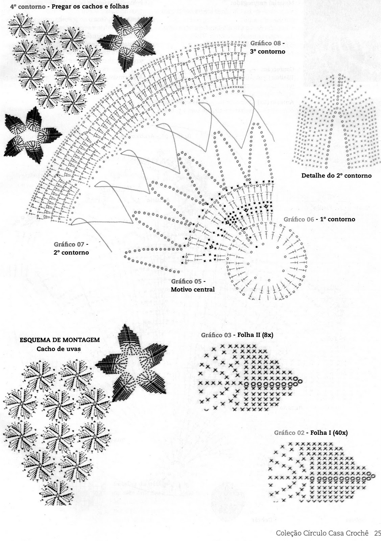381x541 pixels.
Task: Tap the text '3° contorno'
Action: coord(268,52)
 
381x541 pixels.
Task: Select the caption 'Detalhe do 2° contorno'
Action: coord(336,175)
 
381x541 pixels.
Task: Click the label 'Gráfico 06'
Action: coord(299,219)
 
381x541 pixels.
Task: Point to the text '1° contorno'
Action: coord(337,219)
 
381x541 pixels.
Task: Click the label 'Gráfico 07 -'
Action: coord(71,244)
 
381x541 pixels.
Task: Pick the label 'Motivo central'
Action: coord(192,289)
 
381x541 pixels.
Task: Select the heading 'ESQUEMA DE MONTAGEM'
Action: coord(60,340)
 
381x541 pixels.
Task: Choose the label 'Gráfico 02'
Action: coord(289,432)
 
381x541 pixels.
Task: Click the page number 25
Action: coord(377,533)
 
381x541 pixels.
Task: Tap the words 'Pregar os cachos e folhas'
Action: coord(90,6)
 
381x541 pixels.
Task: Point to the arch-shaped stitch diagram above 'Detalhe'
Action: coord(337,122)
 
